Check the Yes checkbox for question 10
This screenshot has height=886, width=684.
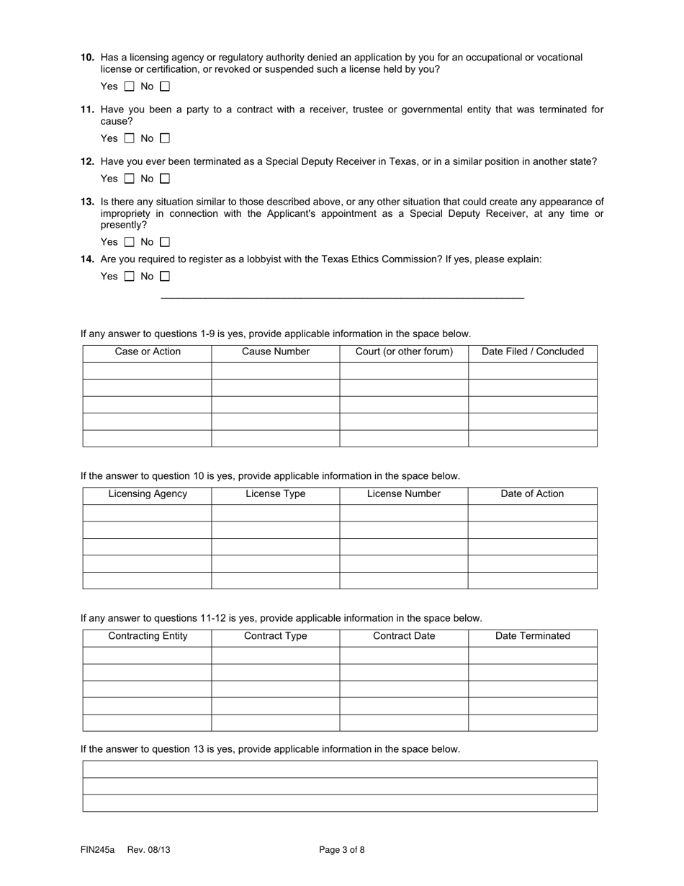(x=130, y=86)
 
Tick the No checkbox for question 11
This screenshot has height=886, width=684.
(x=165, y=138)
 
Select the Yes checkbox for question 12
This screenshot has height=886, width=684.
(x=130, y=179)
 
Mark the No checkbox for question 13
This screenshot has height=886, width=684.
(x=165, y=242)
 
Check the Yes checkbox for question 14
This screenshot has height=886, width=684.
(x=130, y=276)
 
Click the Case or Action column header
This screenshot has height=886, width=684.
(x=148, y=352)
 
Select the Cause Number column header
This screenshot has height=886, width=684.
(x=276, y=352)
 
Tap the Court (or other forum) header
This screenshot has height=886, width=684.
(x=404, y=352)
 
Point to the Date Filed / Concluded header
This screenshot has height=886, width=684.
(x=533, y=352)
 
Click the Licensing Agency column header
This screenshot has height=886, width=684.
(x=148, y=494)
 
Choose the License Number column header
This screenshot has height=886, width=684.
(x=404, y=494)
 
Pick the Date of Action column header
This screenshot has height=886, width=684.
(x=533, y=494)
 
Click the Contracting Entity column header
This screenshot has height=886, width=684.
(x=148, y=636)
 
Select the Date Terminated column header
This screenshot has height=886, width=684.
(x=533, y=636)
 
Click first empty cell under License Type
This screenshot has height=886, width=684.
(x=276, y=513)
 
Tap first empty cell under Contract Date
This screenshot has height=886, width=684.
(x=404, y=655)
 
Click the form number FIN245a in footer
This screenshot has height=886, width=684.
(x=97, y=850)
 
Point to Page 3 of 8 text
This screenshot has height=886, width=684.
(x=342, y=850)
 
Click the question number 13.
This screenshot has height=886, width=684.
(x=87, y=202)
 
